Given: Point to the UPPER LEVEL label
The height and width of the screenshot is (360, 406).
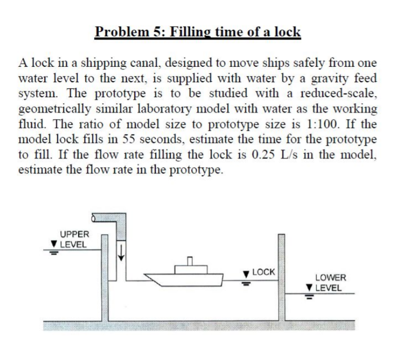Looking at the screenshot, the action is [x=74, y=239].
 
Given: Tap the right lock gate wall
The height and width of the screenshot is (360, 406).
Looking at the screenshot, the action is [x=281, y=277].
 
